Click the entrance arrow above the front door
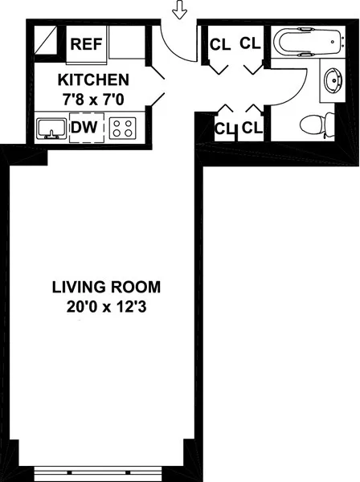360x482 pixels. [x=179, y=10]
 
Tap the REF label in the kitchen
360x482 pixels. [x=87, y=44]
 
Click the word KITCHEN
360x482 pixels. [x=93, y=80]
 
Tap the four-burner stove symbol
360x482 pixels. [x=123, y=128]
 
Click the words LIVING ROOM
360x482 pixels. [x=106, y=287]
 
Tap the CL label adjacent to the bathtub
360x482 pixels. [x=251, y=43]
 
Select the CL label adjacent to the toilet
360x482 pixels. [x=252, y=127]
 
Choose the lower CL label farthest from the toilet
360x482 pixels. [x=223, y=128]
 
